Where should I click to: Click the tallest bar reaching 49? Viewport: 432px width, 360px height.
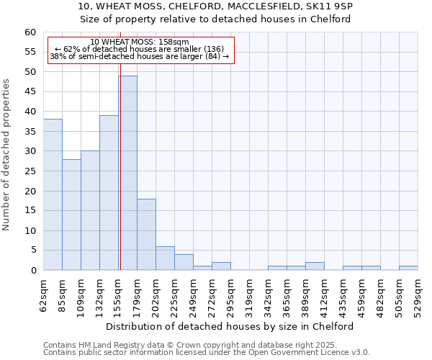click(127, 173)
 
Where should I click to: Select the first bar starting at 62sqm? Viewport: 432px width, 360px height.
click(53, 194)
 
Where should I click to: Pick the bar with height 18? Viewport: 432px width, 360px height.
click(146, 235)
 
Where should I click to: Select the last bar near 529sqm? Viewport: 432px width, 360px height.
click(408, 268)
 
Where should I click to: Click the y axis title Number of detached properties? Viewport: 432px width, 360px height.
click(6, 155)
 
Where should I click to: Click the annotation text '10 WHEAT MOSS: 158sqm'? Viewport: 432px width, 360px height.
click(140, 42)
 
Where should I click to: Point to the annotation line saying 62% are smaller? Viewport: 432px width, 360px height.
click(140, 49)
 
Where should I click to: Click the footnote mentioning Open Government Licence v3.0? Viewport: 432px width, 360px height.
click(207, 353)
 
